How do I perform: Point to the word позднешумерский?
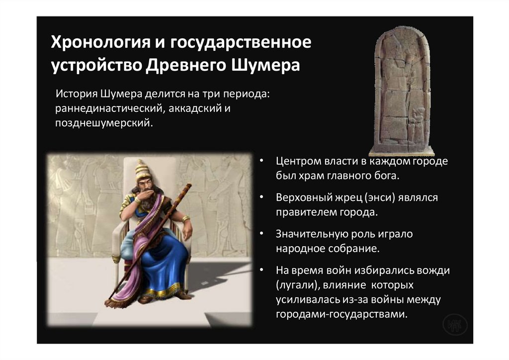coord(102,123)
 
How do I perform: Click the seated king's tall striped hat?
coord(143,172)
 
